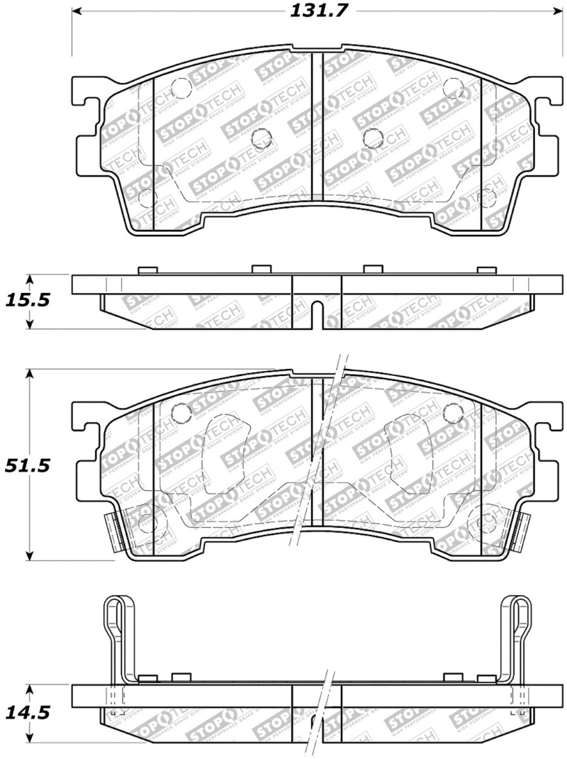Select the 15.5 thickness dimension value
click(27, 300)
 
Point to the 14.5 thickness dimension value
click(27, 711)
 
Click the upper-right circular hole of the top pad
click(451, 88)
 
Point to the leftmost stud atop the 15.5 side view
click(147, 270)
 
